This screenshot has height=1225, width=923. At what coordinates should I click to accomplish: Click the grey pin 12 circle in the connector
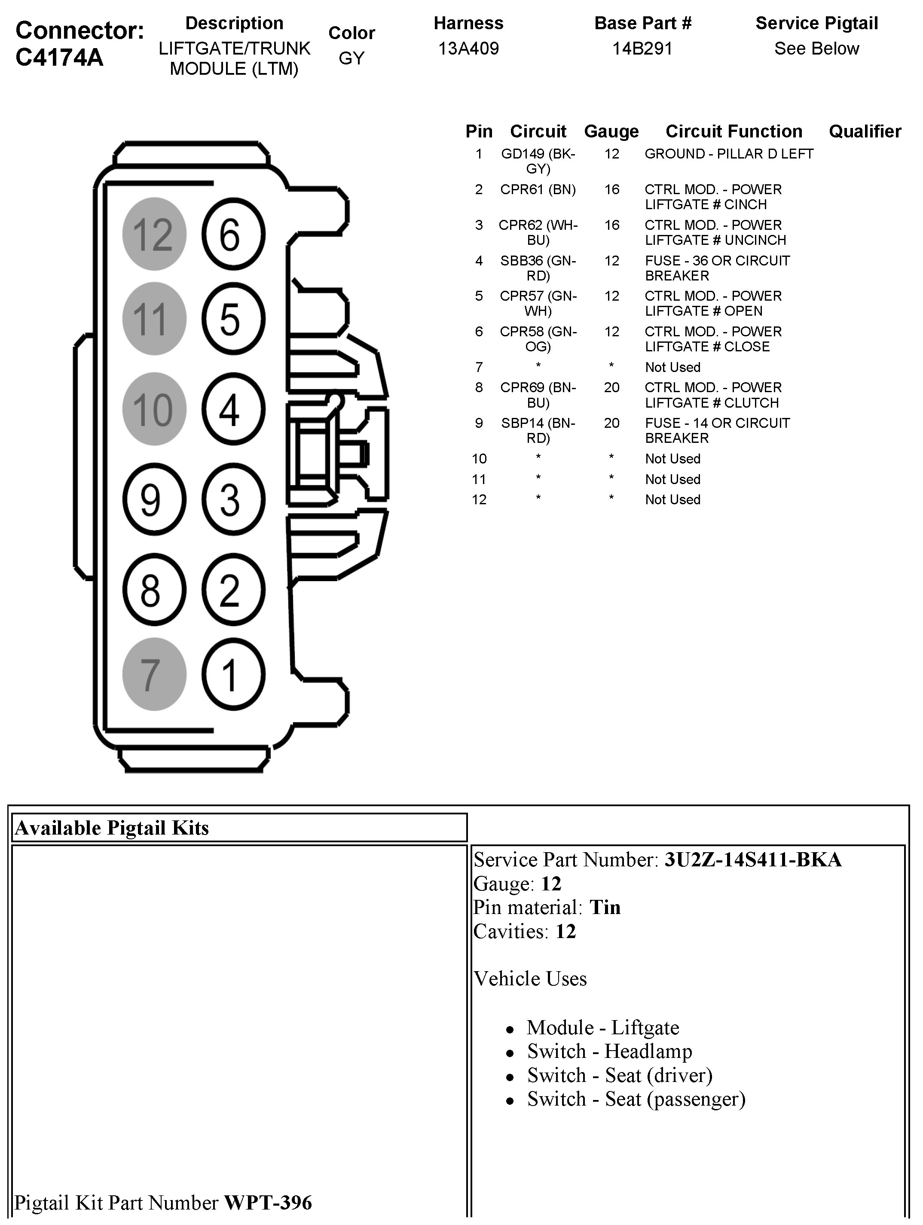[154, 234]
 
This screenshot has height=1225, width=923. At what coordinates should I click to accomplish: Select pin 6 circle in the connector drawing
[233, 234]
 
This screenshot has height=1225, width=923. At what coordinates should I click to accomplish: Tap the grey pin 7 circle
[154, 674]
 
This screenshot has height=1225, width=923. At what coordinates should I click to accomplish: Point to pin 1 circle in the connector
[233, 674]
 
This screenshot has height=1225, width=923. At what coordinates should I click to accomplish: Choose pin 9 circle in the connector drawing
[154, 500]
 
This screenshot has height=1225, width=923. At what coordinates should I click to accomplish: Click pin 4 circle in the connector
[233, 409]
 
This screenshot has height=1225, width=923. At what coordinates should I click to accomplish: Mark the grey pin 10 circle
[154, 409]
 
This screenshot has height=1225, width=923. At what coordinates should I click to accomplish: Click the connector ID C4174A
[59, 58]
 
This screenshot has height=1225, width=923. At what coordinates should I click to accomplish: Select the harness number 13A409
[468, 49]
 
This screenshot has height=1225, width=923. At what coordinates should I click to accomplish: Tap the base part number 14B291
[642, 49]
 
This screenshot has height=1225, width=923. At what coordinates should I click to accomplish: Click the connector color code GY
[351, 58]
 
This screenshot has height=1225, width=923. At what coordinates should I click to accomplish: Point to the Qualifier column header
[864, 131]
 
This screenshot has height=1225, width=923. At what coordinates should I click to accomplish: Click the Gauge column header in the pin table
[611, 131]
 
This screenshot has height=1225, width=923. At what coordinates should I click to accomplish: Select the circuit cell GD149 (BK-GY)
[538, 161]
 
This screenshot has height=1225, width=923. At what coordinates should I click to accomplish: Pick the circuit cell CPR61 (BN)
[538, 189]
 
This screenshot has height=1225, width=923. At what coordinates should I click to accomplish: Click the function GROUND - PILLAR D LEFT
[728, 154]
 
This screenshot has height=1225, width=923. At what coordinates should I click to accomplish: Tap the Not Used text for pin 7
[672, 367]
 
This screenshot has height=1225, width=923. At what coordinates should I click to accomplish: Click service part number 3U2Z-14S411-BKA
[753, 860]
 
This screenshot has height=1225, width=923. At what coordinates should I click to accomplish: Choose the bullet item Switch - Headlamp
[609, 1051]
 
